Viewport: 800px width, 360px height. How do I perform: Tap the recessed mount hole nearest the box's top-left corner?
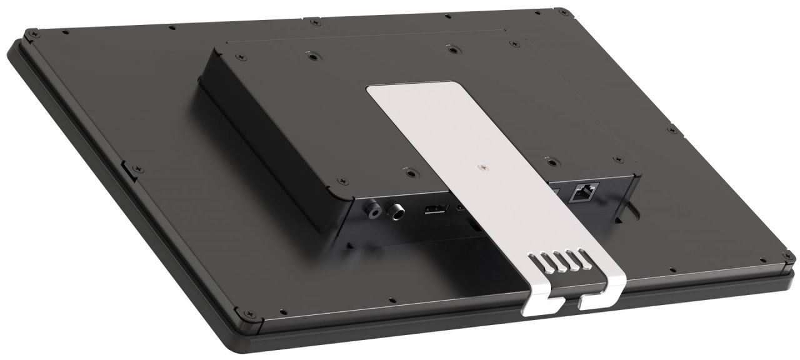tap(310, 56)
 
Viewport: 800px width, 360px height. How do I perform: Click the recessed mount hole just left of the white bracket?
tap(408, 169)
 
